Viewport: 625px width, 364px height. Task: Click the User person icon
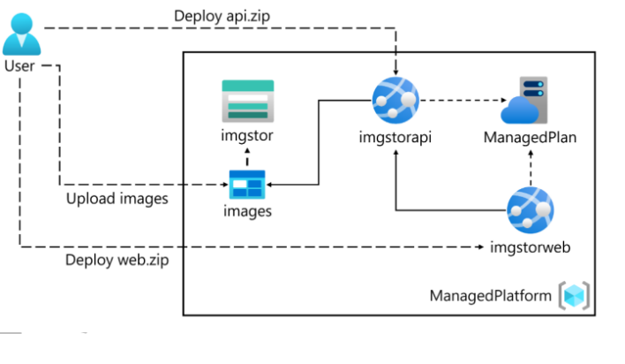point(24,33)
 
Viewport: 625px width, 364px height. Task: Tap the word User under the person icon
point(20,66)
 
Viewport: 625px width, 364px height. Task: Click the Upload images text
point(117,199)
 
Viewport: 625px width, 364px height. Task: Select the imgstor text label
point(247,136)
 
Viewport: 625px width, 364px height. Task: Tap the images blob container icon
point(247,185)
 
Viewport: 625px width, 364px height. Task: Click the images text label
point(247,211)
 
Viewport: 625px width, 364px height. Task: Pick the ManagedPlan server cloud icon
point(524,100)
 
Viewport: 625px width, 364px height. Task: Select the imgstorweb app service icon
point(530,210)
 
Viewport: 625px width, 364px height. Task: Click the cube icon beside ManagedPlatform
point(574,294)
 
